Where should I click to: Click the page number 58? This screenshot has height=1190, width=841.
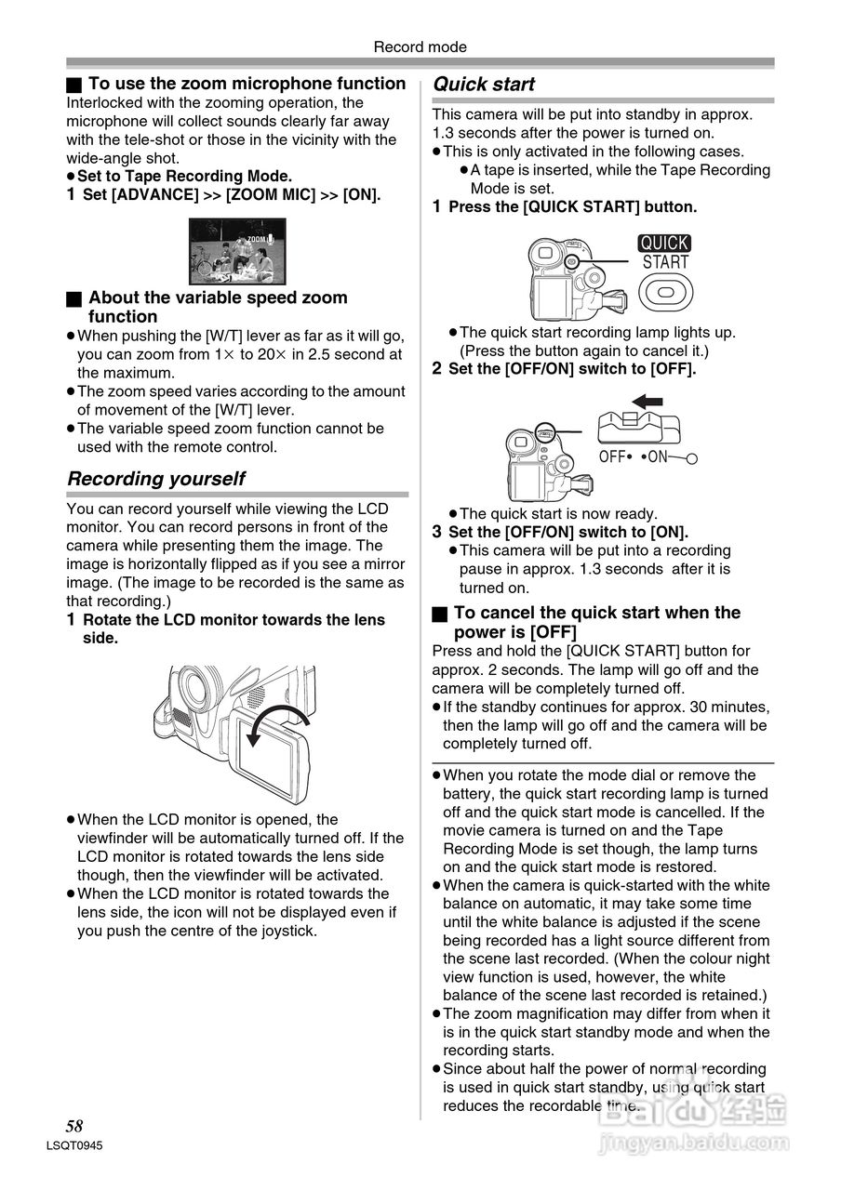point(74,1126)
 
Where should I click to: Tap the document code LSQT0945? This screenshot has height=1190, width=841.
point(73,1146)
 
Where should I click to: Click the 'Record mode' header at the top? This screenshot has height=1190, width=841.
point(420,46)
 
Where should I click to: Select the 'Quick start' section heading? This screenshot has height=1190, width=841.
point(484,85)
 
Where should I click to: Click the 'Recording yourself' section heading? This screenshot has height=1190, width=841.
point(156,479)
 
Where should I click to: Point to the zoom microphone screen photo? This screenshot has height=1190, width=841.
point(237,251)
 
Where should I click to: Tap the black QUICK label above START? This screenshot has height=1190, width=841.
point(664,244)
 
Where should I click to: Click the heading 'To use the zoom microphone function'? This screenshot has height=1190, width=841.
point(247,84)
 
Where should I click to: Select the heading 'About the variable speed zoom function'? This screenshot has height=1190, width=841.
point(218,307)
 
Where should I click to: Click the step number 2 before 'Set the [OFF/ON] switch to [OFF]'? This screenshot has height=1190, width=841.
point(437,368)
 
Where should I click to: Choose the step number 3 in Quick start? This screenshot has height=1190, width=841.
point(437,532)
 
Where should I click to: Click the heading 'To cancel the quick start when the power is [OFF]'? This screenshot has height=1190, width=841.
point(596,622)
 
